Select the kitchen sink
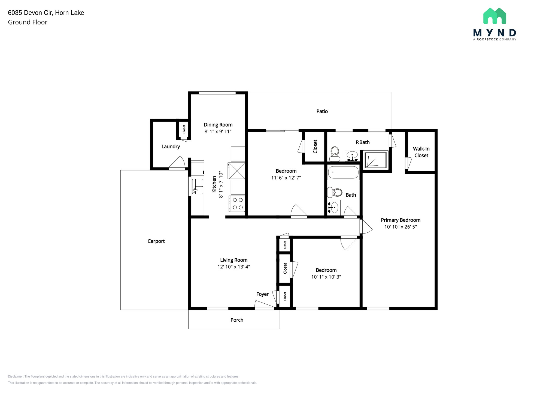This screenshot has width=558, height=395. [x=198, y=186]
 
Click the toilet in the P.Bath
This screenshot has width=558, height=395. [x=335, y=154]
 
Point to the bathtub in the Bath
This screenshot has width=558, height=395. [x=343, y=172]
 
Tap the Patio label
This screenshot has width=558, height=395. [x=322, y=111]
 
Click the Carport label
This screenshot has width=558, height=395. [x=156, y=241]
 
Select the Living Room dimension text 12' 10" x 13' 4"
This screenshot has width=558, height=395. [x=233, y=267]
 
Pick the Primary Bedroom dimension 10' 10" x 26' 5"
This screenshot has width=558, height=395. [x=400, y=227]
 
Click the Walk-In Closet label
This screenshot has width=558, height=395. [x=421, y=152]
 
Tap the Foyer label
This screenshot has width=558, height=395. [x=262, y=294]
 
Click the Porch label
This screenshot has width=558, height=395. [x=237, y=320]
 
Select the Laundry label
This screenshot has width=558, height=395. [x=171, y=146]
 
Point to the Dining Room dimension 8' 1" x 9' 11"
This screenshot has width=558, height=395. [x=218, y=131]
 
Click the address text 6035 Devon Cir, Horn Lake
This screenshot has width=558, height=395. [x=46, y=13]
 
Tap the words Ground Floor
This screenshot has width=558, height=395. [x=28, y=22]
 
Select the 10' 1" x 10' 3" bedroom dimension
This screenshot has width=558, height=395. [x=326, y=277]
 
